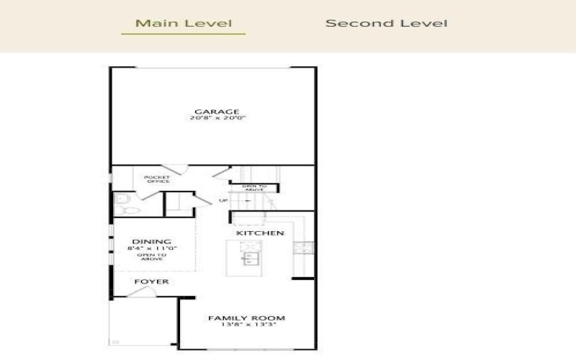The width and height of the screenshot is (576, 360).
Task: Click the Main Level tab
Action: [184, 23]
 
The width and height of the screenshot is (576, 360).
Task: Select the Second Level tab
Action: [386, 23]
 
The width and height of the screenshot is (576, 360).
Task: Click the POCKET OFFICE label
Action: [156, 179]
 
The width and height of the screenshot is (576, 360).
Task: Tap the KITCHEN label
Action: [260, 233]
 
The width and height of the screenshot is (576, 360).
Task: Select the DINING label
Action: [151, 242]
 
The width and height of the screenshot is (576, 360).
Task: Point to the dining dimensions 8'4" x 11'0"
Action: [151, 249]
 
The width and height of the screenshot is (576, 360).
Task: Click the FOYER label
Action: [151, 282]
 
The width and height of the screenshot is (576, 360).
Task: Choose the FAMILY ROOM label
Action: [246, 318]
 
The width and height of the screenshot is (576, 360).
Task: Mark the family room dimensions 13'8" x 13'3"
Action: [246, 325]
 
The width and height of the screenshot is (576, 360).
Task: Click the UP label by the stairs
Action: [222, 200]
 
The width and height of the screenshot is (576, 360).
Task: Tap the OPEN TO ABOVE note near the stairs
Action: [254, 189]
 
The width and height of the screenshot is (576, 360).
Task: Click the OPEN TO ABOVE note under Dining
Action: [151, 256]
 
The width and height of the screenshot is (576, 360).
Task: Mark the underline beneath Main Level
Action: [184, 34]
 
